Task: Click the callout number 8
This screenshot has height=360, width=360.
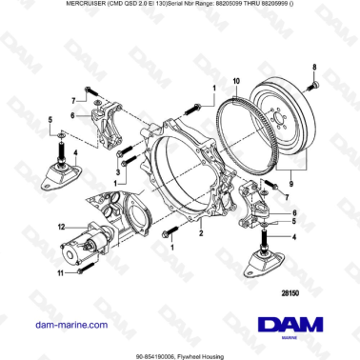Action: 315,63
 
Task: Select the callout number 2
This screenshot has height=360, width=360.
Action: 201,231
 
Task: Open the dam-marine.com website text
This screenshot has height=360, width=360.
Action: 59,325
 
